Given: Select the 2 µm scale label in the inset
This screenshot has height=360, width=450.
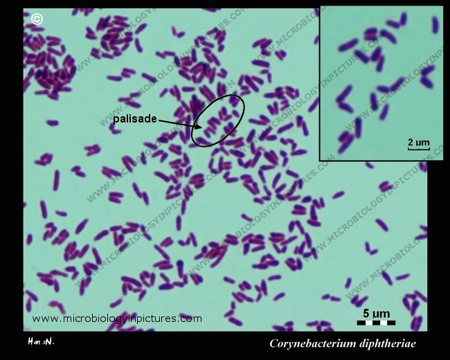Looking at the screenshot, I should [x=418, y=143].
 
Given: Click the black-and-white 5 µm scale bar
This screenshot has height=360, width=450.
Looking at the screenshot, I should [x=376, y=322].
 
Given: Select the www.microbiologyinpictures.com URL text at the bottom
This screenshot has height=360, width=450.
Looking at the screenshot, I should [x=117, y=318].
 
